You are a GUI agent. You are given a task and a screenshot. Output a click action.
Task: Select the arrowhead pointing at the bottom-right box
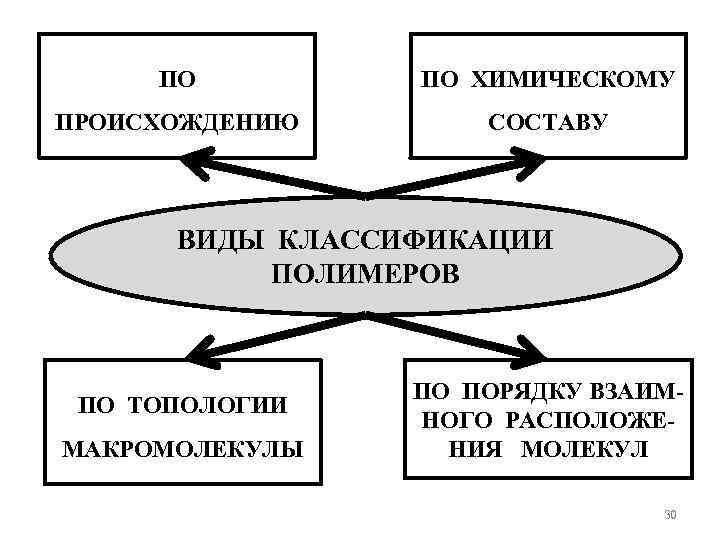coord(522,352)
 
